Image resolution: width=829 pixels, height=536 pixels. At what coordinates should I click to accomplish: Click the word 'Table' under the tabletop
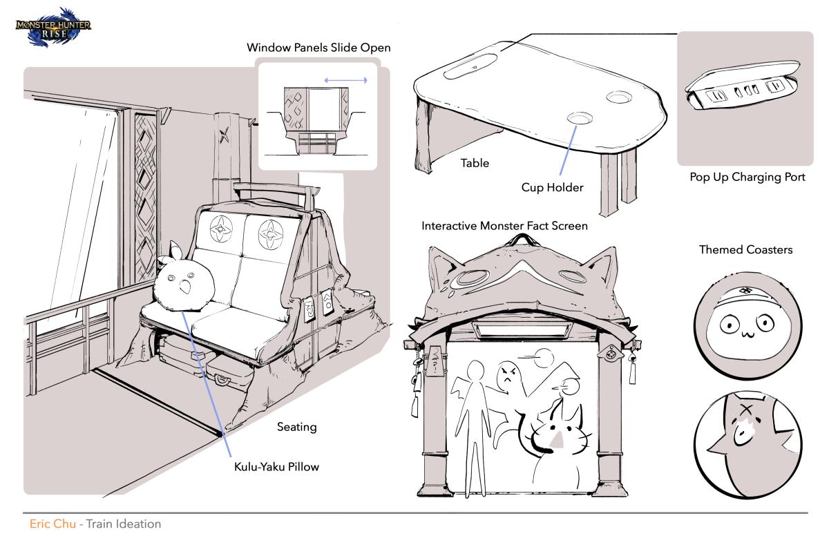tap(475, 164)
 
